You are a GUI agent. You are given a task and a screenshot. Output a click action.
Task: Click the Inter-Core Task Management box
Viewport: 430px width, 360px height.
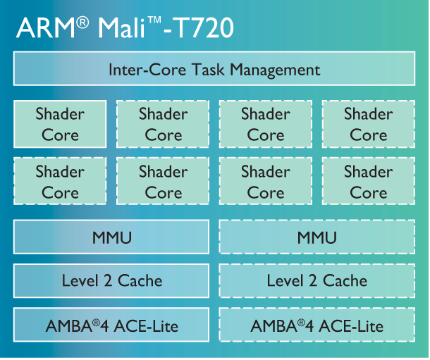(214, 70)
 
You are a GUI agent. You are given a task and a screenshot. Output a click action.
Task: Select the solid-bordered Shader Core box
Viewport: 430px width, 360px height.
(60, 124)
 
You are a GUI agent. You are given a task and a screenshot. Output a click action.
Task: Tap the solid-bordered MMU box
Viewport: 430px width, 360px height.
(111, 237)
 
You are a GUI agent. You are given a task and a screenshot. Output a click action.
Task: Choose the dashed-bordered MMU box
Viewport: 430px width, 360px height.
(317, 237)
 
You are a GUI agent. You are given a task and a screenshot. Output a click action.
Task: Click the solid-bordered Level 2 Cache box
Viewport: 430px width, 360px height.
(111, 280)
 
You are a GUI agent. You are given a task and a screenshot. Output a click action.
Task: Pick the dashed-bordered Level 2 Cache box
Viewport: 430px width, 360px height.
(317, 280)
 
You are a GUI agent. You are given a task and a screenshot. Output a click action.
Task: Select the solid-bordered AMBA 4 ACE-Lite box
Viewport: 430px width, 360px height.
(111, 325)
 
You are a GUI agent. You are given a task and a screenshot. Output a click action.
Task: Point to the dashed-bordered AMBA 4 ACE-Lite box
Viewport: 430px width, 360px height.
(317, 325)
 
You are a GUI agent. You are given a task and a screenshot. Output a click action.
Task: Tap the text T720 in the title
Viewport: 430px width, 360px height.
(204, 28)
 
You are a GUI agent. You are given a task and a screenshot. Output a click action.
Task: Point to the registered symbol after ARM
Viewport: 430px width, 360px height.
(82, 23)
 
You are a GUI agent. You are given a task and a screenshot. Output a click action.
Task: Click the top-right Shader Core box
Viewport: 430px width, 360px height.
(368, 124)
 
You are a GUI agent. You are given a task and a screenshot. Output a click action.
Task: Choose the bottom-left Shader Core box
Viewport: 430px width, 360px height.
(60, 181)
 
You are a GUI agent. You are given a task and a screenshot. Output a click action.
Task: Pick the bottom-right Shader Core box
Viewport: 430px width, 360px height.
(368, 181)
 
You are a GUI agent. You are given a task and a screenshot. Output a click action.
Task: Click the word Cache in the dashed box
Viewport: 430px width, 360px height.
(344, 280)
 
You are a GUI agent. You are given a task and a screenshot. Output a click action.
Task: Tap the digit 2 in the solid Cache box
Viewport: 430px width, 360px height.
(107, 280)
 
